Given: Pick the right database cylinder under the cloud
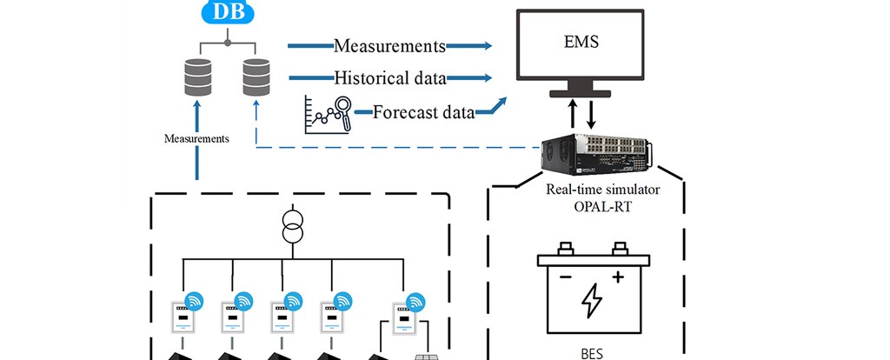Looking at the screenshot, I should coord(256,77).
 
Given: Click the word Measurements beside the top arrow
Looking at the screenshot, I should coord(390,45).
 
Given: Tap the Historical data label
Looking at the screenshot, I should coord(390,78).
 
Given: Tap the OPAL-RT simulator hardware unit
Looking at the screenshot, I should coord(595,156).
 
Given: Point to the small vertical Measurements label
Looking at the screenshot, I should coord(196,138).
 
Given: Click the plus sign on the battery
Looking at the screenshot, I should coord(618,277).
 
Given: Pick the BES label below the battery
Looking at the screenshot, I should coord(592,354).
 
